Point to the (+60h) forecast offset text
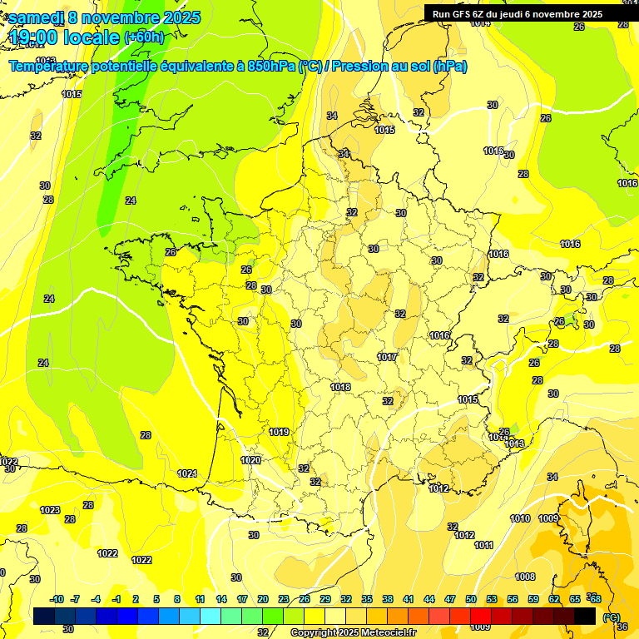pyautogui.click(x=145, y=37)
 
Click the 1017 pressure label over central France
pyautogui.click(x=387, y=357)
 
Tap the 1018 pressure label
pyautogui.click(x=340, y=387)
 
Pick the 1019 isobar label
pyautogui.click(x=279, y=432)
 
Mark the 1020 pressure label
pyautogui.click(x=250, y=460)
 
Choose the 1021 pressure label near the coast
pyautogui.click(x=187, y=473)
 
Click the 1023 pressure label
pyautogui.click(x=50, y=510)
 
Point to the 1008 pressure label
pyautogui.click(x=525, y=577)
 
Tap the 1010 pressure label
pyautogui.click(x=520, y=518)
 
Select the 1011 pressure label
pyautogui.click(x=484, y=545)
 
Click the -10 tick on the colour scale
pyautogui.click(x=57, y=599)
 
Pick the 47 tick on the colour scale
pyautogui.click(x=449, y=599)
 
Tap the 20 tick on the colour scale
pyautogui.click(x=262, y=599)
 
